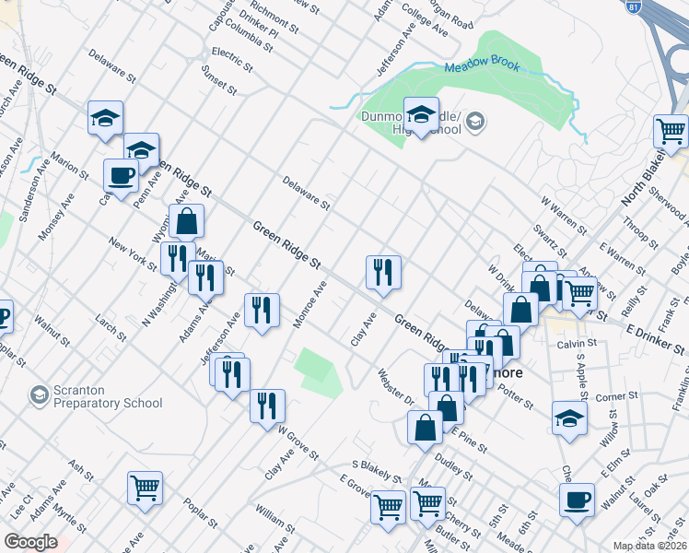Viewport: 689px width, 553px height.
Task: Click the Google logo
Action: coord(30,542)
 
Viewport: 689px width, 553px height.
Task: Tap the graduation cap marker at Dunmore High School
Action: coord(421,115)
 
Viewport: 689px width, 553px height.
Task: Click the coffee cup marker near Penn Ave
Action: coord(120,174)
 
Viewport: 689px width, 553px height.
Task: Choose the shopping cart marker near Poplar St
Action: coord(146,488)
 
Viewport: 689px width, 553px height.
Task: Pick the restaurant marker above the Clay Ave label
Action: coord(383,272)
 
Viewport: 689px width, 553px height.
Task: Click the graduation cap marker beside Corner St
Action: coord(570,418)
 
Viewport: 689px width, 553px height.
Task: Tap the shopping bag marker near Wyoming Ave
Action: coord(186,221)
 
